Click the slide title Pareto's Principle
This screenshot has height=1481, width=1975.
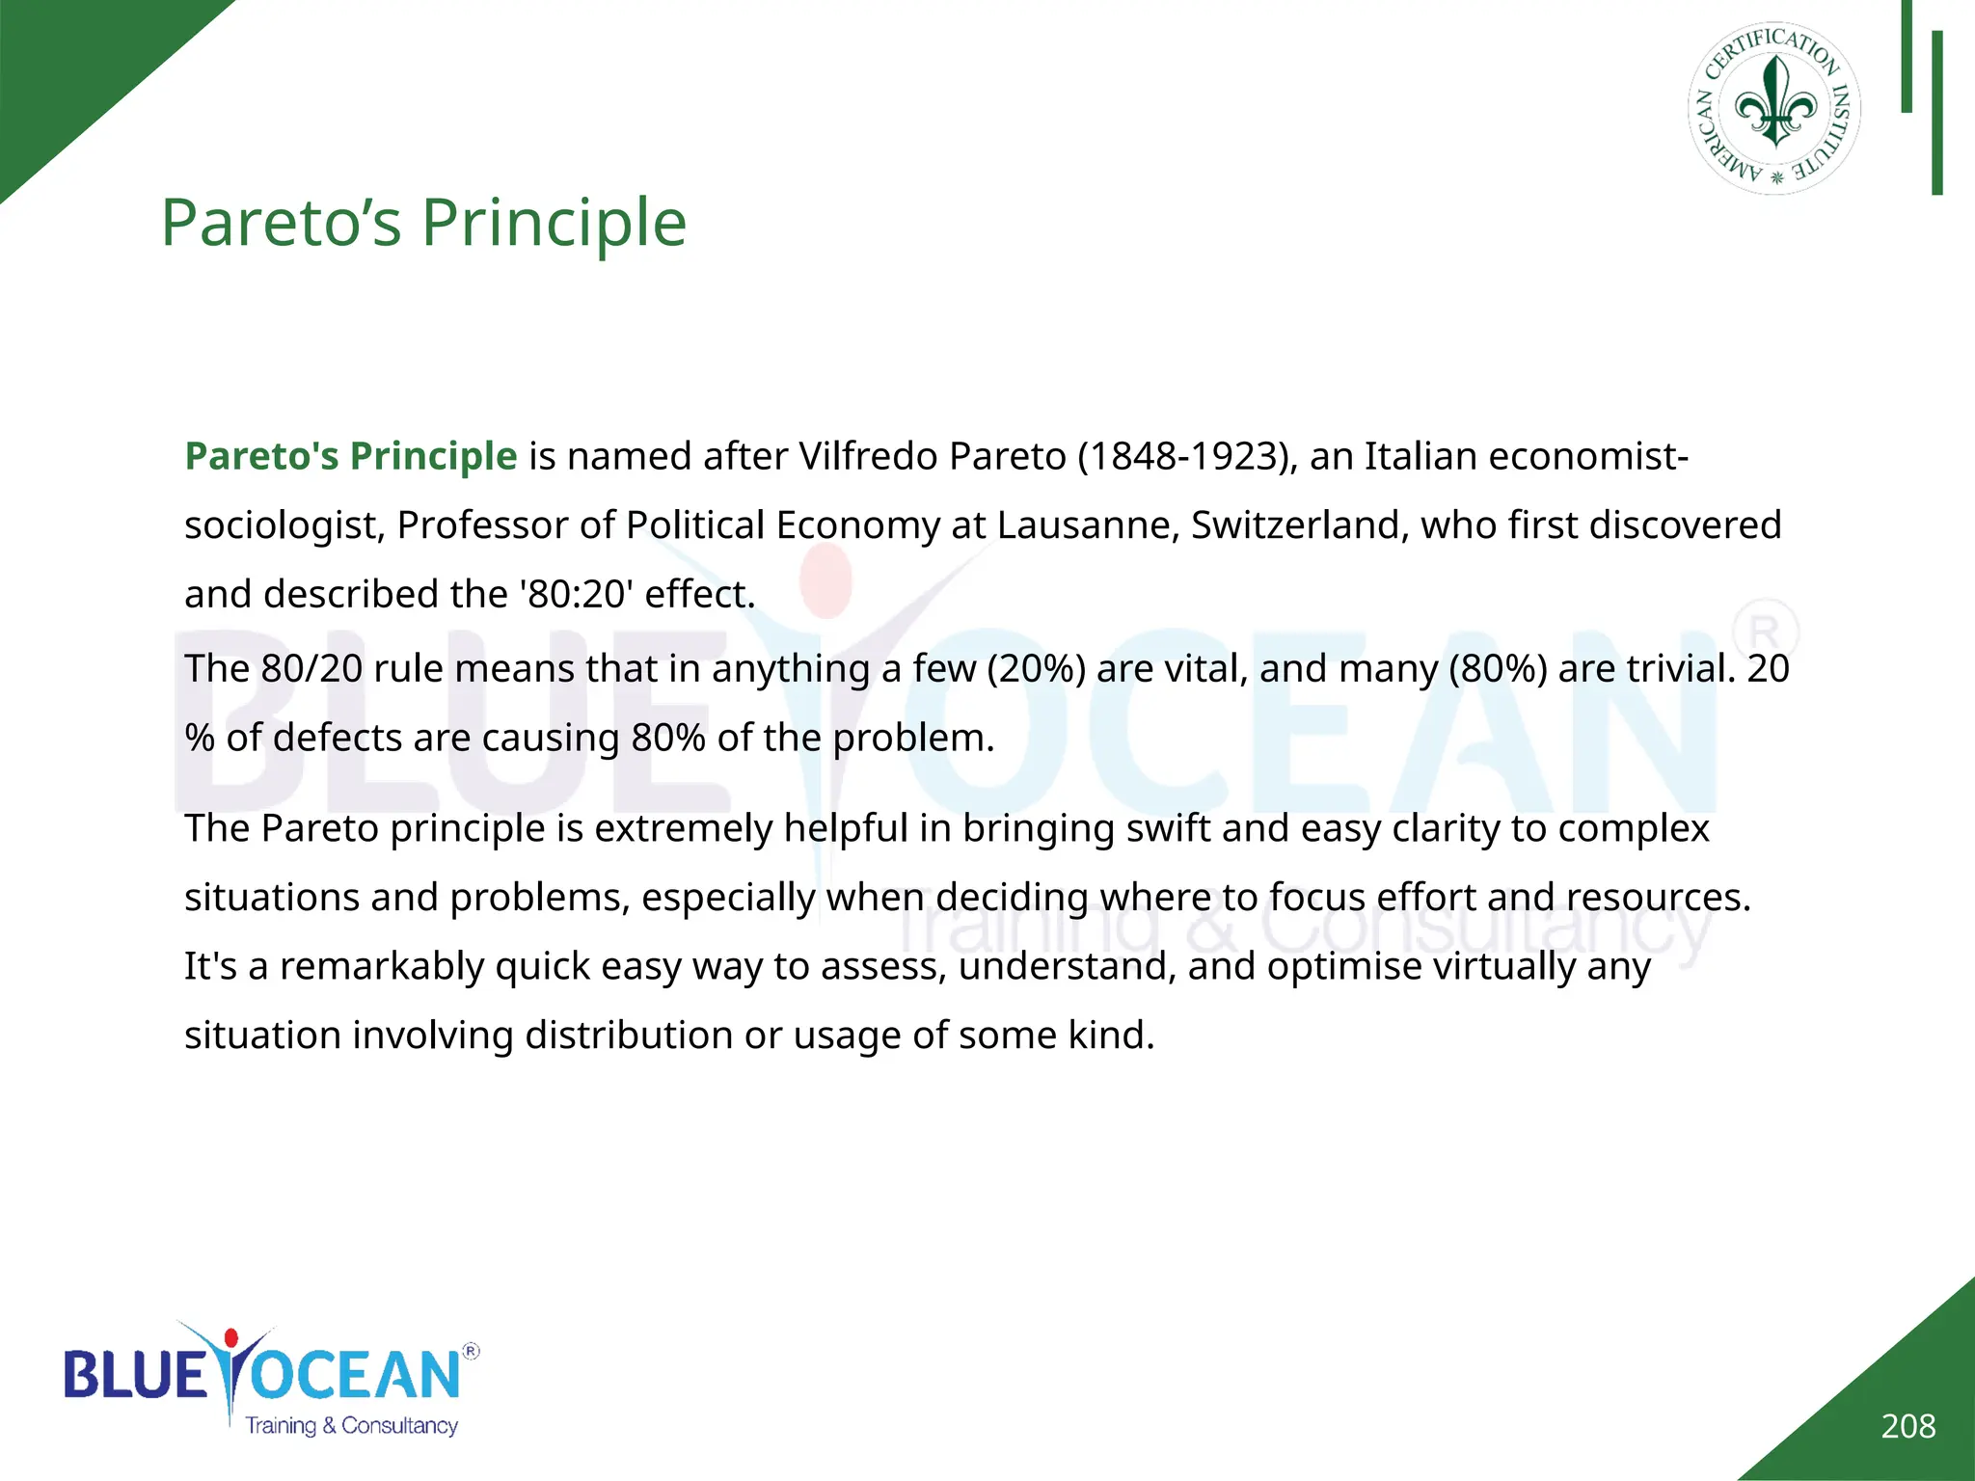(x=423, y=223)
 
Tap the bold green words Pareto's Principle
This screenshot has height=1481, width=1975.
(x=351, y=456)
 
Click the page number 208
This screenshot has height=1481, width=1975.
(x=1907, y=1426)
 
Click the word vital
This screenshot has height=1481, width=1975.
(x=1206, y=668)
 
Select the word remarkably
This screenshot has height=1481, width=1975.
(x=382, y=966)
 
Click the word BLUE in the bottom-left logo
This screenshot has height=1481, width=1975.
(x=135, y=1374)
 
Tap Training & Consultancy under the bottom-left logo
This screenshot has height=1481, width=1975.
(x=351, y=1426)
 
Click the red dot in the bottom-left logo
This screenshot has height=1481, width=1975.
(x=230, y=1338)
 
